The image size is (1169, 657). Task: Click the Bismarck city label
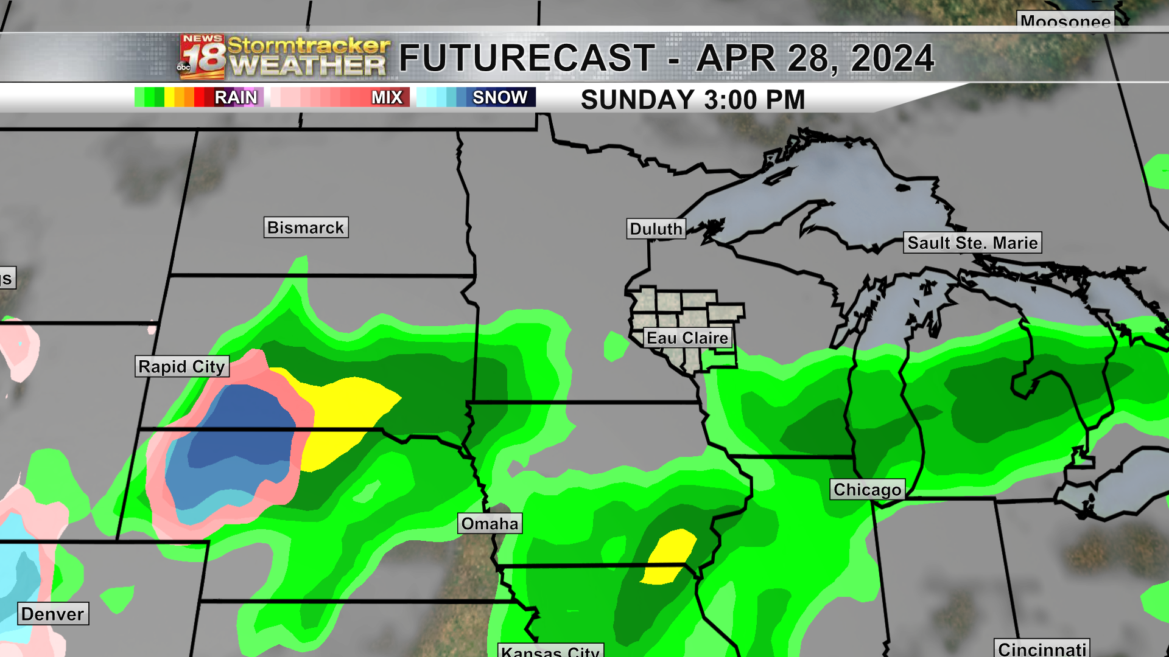coord(306,228)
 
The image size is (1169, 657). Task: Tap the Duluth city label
coord(656,229)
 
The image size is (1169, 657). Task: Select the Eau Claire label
coord(687,338)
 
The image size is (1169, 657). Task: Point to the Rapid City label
coord(181,367)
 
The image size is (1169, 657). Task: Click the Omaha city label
coord(490,524)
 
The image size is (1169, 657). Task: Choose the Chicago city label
coord(867,490)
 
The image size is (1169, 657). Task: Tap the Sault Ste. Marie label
coord(972,243)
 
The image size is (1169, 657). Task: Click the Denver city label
coord(52,614)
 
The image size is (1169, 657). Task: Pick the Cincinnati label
coord(1042,648)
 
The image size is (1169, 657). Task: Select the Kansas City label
coord(550,651)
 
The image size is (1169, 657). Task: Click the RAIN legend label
coord(236,97)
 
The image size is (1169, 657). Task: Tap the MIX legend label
coord(387,97)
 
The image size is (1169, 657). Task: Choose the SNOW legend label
coord(500,97)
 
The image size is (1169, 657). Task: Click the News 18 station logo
coord(202,57)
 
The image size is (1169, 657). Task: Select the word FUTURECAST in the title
coord(527,58)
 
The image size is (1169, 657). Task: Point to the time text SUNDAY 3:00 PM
coord(693,100)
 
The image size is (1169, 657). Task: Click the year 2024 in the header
coord(892,58)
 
